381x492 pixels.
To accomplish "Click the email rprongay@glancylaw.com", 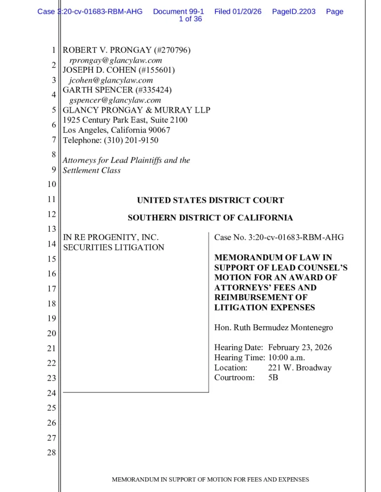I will (116, 60).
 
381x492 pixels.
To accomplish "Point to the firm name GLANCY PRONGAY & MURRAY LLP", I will (137, 110).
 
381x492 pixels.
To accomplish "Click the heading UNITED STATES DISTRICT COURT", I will (210, 200).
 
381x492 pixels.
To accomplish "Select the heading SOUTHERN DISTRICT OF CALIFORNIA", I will (210, 217).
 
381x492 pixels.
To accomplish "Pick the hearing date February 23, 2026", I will (300, 347).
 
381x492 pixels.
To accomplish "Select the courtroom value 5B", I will (273, 377).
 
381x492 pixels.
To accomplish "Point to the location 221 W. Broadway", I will (300, 368).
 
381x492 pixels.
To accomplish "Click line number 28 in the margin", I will (51, 453).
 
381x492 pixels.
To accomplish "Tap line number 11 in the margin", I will (51, 200).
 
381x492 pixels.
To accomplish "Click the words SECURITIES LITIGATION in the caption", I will (113, 247).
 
